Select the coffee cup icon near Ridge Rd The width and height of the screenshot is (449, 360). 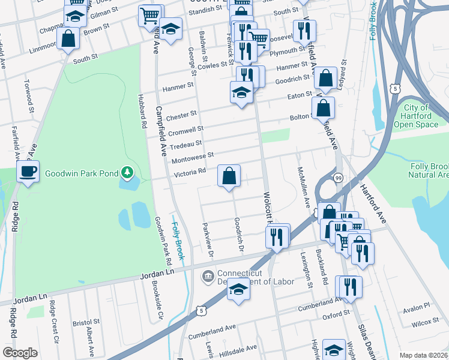pos(28,172)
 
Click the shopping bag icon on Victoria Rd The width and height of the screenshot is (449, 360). pos(229,176)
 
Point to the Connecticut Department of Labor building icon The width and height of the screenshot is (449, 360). pos(207,276)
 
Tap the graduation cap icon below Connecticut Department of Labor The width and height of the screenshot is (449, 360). pos(238,290)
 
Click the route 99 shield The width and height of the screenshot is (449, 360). pos(339,178)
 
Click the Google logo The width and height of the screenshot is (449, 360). pos(20,353)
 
